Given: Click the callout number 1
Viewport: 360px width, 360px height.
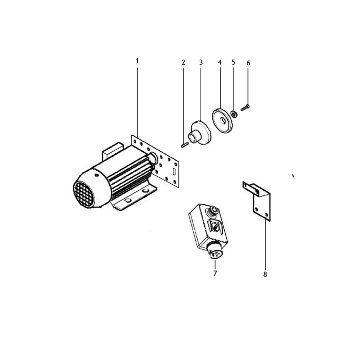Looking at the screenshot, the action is pyautogui.click(x=137, y=61).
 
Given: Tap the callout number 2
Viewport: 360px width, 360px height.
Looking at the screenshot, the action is pyautogui.click(x=183, y=62).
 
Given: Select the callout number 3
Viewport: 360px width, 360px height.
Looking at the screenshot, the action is pyautogui.click(x=201, y=62).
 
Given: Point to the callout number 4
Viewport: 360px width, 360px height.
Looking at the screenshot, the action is pyautogui.click(x=220, y=62).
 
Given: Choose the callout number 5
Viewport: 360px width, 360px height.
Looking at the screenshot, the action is pyautogui.click(x=233, y=62).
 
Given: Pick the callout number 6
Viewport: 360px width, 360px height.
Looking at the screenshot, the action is pyautogui.click(x=248, y=63).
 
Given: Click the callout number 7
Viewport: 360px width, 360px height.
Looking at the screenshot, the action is pyautogui.click(x=215, y=273).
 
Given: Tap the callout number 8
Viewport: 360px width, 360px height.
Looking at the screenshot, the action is pyautogui.click(x=265, y=274).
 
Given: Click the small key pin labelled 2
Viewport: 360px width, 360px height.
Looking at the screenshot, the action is pyautogui.click(x=185, y=145).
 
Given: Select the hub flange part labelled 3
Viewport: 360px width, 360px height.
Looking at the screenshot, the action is pyautogui.click(x=200, y=133).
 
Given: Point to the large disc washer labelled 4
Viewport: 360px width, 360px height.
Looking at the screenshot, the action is pyautogui.click(x=222, y=121).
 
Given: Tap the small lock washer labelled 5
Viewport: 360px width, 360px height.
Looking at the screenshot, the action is pyautogui.click(x=234, y=114).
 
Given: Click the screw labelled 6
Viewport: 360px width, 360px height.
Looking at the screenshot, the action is pyautogui.click(x=245, y=107).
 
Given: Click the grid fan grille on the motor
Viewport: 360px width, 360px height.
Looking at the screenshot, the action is pyautogui.click(x=84, y=194).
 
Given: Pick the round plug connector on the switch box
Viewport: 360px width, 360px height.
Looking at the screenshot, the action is pyautogui.click(x=214, y=251).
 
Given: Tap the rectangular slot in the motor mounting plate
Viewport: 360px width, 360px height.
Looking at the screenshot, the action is pyautogui.click(x=174, y=171).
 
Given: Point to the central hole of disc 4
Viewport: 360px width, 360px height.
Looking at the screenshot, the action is pyautogui.click(x=223, y=120).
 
